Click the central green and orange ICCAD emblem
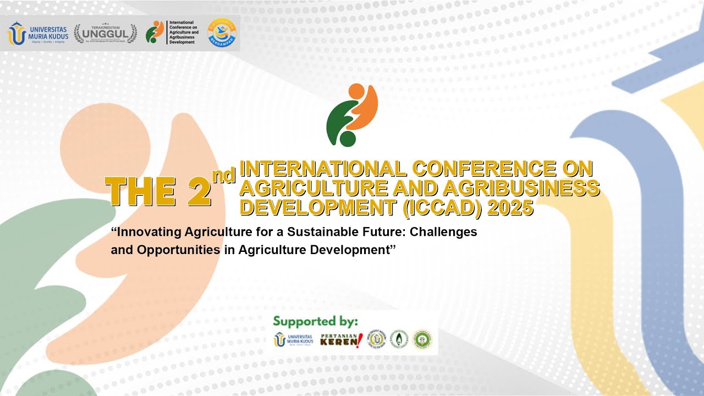click(352, 115)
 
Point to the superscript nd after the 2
click(224, 175)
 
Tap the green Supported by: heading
click(315, 321)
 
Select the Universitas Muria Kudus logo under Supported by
click(294, 340)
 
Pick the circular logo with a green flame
click(399, 339)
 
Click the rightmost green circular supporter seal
click(422, 339)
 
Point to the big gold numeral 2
click(199, 192)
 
